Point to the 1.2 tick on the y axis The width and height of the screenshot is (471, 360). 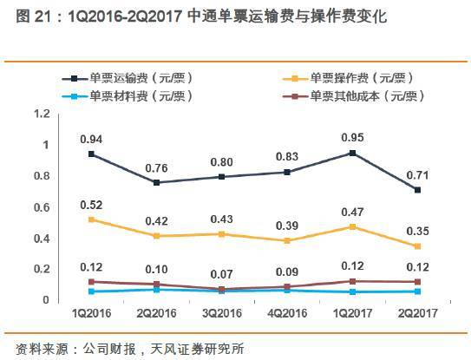tap(41, 114)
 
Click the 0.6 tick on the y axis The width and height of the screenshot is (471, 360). tap(41, 207)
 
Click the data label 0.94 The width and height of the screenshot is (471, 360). tap(92, 139)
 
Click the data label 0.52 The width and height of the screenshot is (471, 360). tap(92, 205)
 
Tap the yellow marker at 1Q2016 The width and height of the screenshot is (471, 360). tap(92, 219)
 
